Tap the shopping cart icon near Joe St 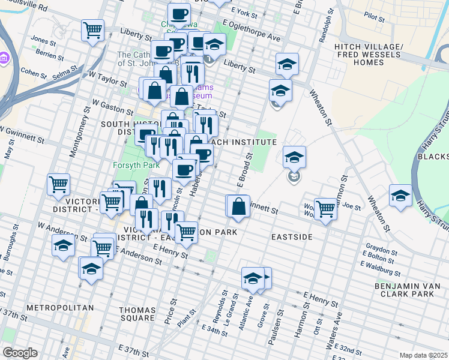coord(325,209)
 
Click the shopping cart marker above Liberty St coord(92,30)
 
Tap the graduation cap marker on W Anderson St coord(63,246)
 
